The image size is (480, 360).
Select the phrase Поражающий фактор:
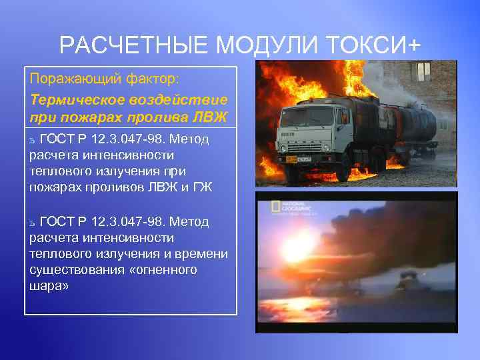(104, 79)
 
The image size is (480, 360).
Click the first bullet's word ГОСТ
(57, 139)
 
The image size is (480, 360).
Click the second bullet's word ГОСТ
(57, 221)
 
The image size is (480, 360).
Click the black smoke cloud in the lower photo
(380, 247)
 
